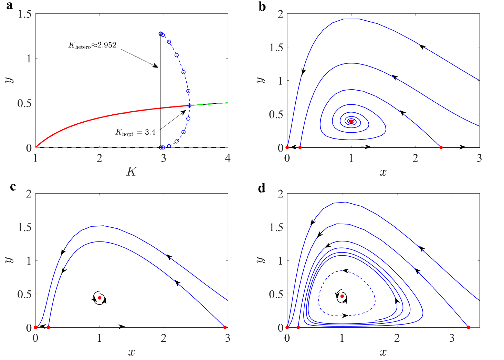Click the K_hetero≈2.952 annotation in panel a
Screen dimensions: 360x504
click(92, 45)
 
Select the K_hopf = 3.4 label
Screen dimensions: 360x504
click(135, 132)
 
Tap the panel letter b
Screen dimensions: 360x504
click(262, 7)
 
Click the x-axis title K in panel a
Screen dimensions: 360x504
click(132, 171)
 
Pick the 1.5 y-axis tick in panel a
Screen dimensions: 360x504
click(24, 14)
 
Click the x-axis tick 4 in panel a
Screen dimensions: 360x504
click(228, 158)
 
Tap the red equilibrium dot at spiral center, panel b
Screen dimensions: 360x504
click(351, 121)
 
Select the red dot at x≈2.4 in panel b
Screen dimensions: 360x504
click(441, 147)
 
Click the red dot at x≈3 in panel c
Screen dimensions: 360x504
click(225, 327)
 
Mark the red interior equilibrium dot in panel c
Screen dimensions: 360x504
click(99, 298)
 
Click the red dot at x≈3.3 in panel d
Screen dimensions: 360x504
click(469, 327)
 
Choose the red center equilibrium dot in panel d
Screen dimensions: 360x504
click(342, 296)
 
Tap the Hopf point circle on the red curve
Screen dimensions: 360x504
click(189, 105)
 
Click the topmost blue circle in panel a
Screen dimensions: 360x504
click(160, 34)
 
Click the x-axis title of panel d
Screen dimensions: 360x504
click(383, 352)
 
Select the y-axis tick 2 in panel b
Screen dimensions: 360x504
click(280, 14)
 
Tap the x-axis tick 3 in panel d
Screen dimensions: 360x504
click(452, 338)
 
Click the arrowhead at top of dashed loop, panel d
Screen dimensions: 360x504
click(345, 271)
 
